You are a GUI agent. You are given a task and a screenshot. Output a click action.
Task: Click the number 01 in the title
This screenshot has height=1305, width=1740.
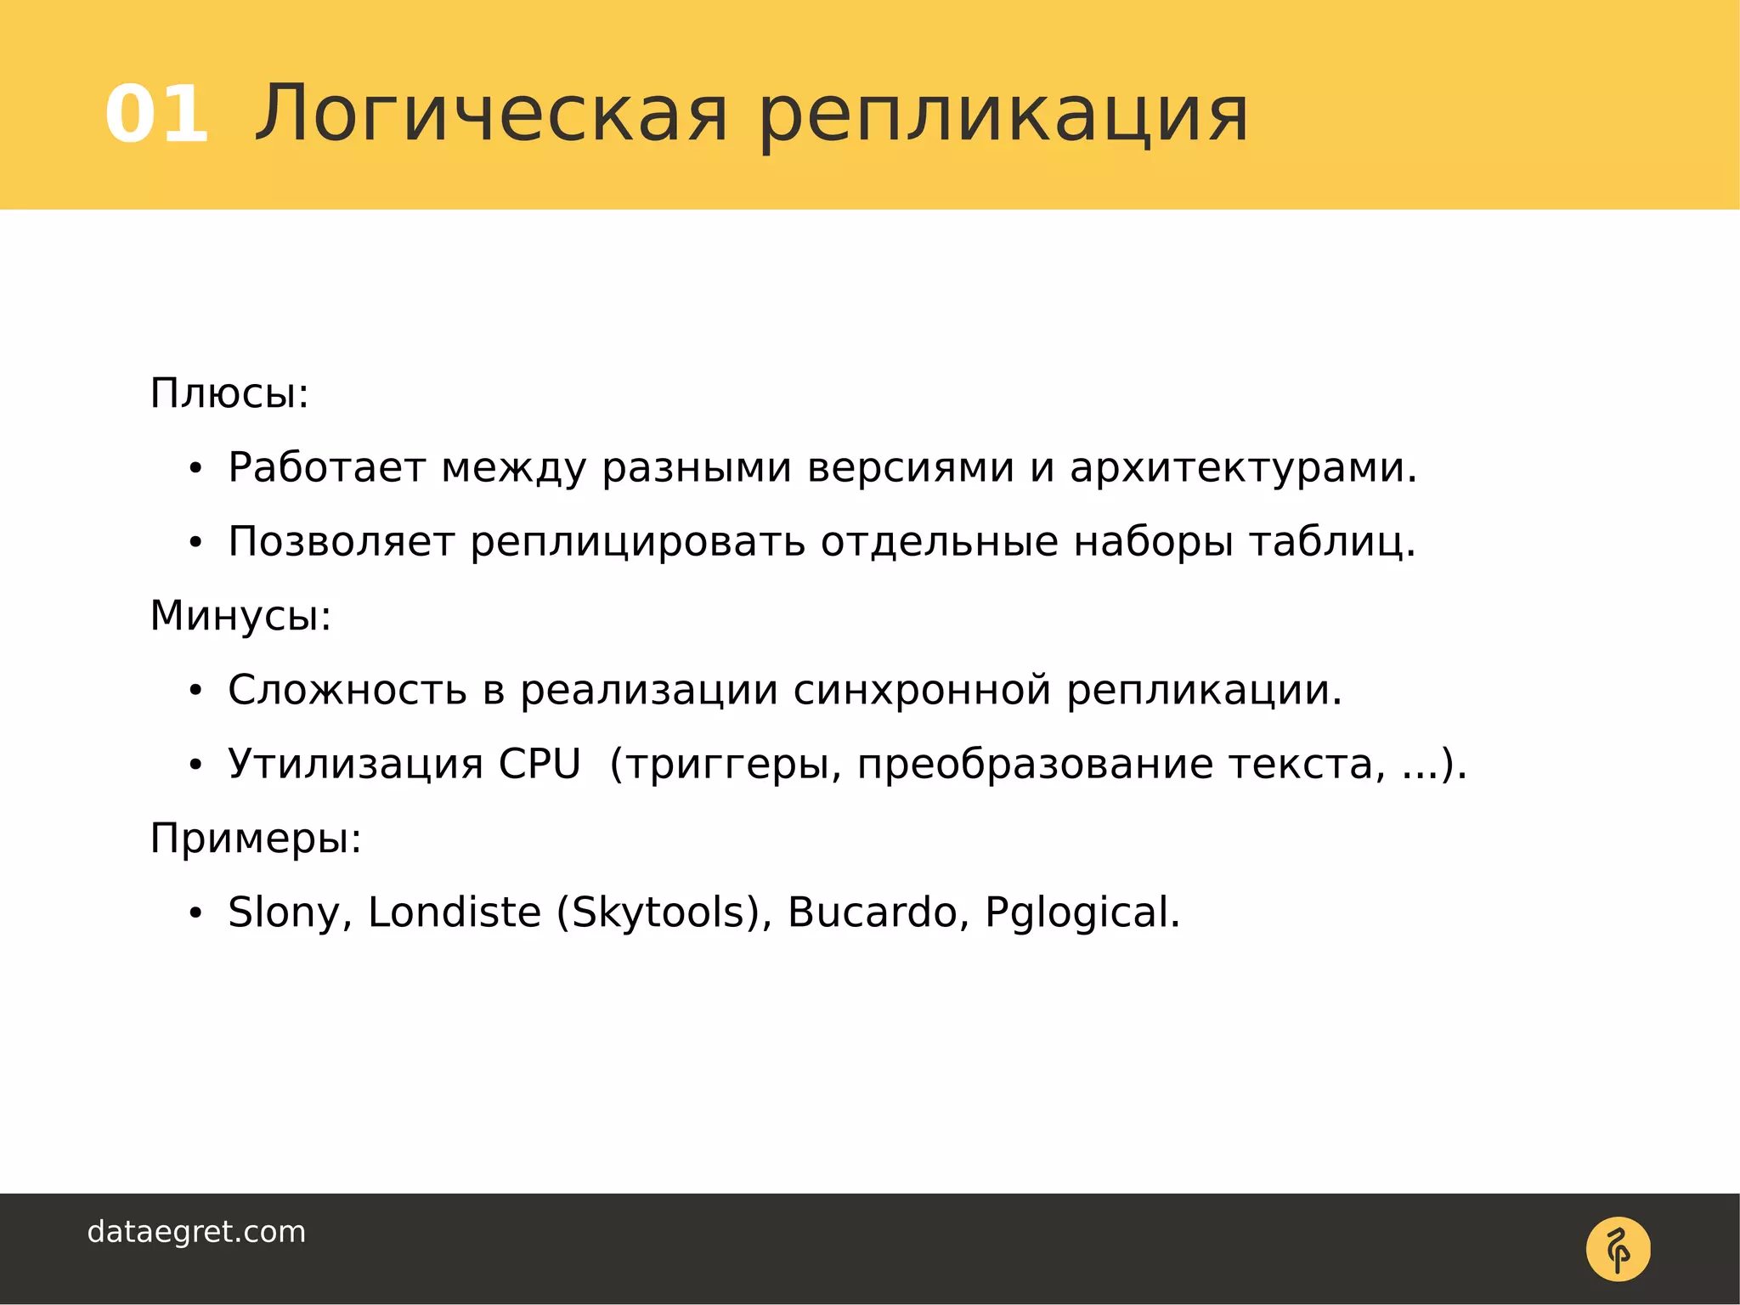[x=156, y=115]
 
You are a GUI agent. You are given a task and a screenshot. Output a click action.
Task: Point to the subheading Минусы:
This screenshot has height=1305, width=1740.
[x=240, y=616]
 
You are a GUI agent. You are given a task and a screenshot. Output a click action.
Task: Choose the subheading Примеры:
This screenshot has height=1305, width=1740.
[x=256, y=839]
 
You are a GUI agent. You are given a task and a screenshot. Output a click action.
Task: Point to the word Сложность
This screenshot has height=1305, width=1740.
[x=347, y=690]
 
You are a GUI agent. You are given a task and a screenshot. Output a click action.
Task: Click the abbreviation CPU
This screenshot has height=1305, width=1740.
[x=540, y=764]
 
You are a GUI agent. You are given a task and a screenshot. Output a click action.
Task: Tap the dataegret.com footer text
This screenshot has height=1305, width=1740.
[x=196, y=1232]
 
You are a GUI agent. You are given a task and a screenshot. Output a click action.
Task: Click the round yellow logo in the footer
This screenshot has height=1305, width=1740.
[x=1618, y=1249]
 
